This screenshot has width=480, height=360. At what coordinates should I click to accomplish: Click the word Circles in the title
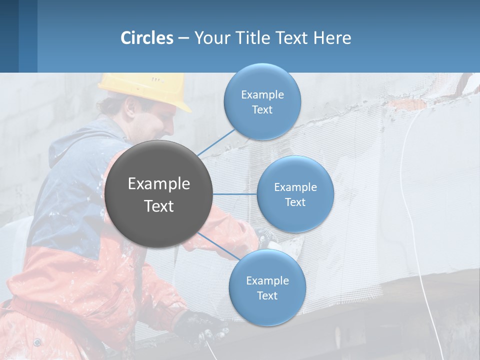(147, 37)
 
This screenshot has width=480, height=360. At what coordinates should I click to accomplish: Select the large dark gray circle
(158, 194)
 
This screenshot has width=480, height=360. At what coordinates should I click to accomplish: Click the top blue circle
(262, 101)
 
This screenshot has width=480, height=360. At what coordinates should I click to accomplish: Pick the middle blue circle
(295, 194)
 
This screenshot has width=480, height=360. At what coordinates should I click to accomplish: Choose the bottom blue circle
(267, 287)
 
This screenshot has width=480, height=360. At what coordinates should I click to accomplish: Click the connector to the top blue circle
(216, 143)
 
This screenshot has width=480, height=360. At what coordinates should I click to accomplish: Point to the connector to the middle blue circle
(235, 194)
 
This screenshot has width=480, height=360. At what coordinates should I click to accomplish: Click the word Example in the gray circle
(158, 184)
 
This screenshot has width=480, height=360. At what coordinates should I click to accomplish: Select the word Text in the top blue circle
(262, 110)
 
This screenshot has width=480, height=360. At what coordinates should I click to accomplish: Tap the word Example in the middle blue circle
(295, 187)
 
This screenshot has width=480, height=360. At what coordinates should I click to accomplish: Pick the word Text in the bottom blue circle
(267, 296)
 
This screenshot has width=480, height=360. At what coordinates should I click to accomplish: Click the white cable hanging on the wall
(407, 200)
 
